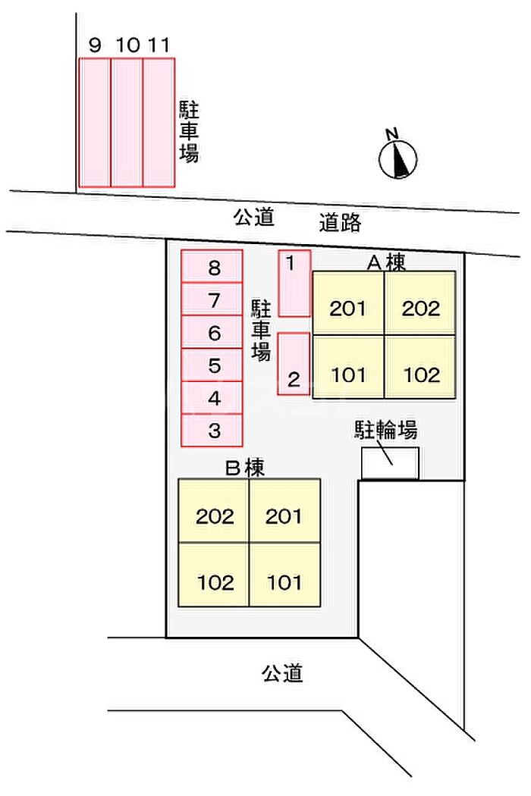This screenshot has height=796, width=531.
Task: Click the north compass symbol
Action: point(398,157)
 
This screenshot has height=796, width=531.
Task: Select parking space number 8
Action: point(212,267)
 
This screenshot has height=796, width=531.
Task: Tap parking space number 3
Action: point(212,431)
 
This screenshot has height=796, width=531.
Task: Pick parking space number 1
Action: point(294,283)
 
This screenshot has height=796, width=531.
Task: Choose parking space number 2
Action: point(294,364)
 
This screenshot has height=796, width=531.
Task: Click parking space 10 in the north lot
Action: point(127,122)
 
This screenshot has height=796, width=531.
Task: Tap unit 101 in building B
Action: point(284,582)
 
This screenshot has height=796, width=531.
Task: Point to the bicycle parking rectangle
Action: point(390,463)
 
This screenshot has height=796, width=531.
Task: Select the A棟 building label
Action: point(387,262)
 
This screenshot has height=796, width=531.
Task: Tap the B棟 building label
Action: point(245,469)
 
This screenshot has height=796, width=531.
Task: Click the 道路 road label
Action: point(340,223)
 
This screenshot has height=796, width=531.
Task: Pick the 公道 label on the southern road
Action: point(283,672)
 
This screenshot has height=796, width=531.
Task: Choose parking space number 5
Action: point(212,365)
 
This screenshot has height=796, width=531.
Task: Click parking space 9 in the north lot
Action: point(96,122)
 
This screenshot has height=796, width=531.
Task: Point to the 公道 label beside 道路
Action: point(253,218)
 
